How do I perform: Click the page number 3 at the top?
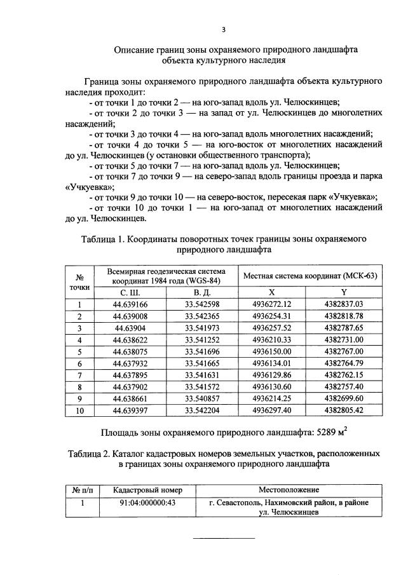tap(223, 29)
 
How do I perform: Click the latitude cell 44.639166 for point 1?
tap(130, 304)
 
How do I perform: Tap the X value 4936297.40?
tap(271, 410)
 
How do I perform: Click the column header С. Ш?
tap(130, 292)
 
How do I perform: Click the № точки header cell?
tap(81, 281)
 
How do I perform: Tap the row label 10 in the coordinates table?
tap(81, 410)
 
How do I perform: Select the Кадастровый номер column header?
tap(139, 490)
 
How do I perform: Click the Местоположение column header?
tap(289, 490)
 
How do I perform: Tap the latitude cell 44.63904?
tap(130, 328)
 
